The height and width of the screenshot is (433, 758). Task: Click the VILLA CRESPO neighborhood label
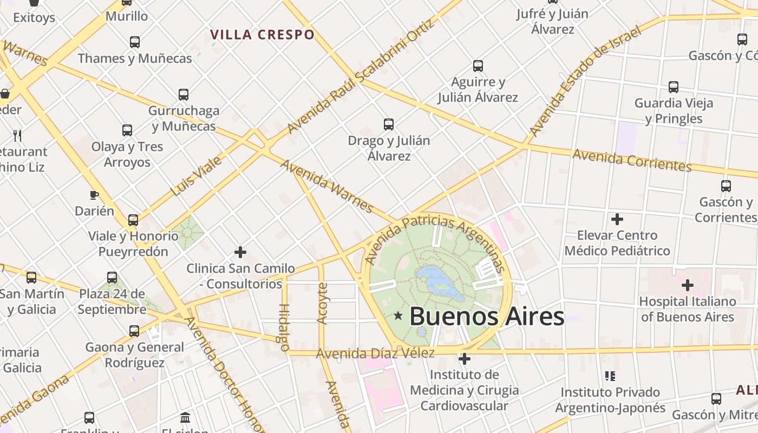coord(262,35)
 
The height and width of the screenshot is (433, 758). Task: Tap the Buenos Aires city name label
coord(486,316)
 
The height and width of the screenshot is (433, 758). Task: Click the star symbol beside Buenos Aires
coord(398,316)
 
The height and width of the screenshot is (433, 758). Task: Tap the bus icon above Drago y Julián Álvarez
coord(388,124)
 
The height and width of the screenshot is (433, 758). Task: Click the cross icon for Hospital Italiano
coord(687,285)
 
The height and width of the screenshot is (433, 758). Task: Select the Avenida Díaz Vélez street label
coord(375,353)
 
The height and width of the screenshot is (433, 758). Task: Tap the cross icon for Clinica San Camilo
coord(240,252)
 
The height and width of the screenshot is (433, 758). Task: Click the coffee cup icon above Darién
coord(94,195)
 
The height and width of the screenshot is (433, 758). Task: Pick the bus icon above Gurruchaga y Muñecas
coord(184,95)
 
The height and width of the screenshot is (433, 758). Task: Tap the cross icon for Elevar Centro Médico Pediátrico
coord(617,219)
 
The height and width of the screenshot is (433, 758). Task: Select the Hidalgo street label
coord(284,327)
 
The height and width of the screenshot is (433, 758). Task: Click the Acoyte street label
coord(322,303)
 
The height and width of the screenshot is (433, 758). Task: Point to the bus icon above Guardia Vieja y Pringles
coord(673,87)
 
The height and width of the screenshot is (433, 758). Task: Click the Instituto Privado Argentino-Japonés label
coord(610,399)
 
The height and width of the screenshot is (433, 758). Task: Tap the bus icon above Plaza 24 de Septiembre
coord(112,278)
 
